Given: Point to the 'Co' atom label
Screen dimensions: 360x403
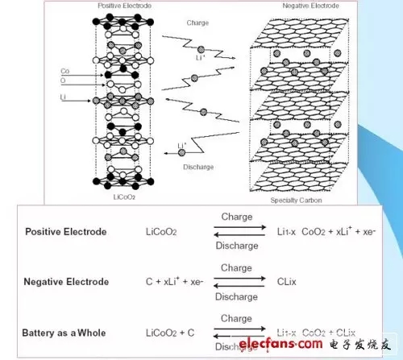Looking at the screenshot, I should [64, 72].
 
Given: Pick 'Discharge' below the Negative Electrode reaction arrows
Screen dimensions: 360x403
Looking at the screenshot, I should [235, 296].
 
